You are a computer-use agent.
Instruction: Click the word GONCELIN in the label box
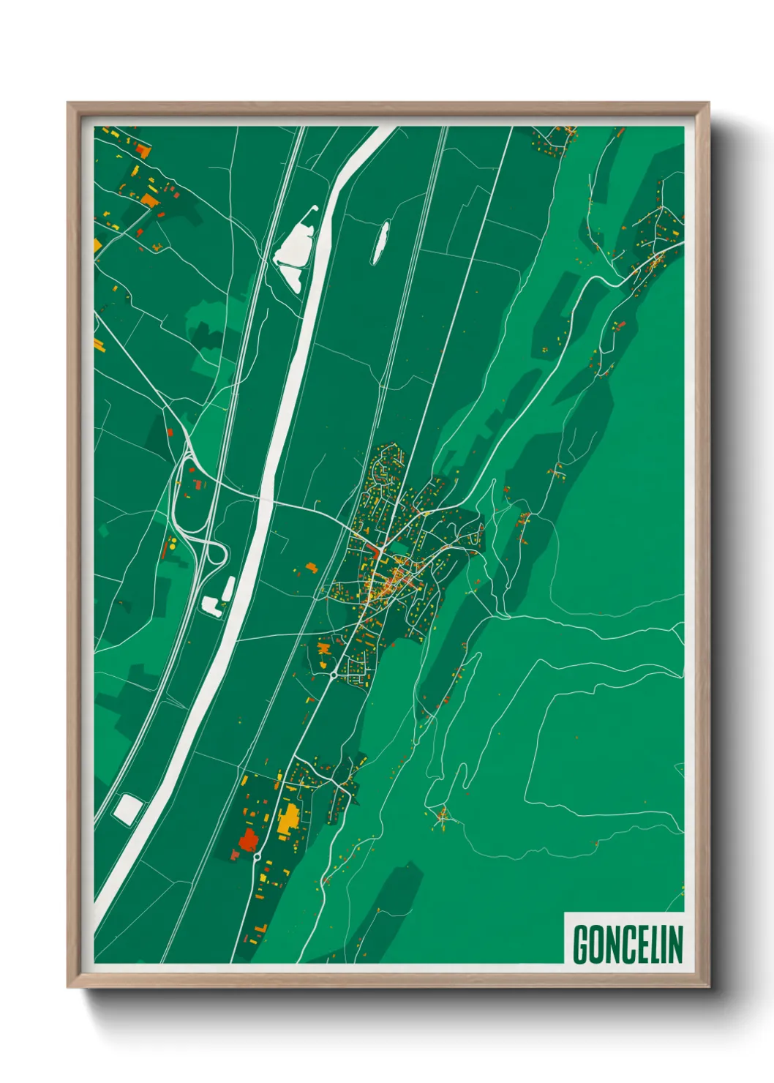point(628,944)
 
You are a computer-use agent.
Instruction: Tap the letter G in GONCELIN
point(581,944)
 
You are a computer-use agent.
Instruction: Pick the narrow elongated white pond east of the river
point(380,242)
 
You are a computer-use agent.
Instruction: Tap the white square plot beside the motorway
point(128,809)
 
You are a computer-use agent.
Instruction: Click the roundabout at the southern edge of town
point(334,675)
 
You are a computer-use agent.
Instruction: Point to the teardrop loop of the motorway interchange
point(215,552)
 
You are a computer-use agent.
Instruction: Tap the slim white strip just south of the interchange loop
point(228,586)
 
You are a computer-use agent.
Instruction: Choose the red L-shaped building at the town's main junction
point(377,550)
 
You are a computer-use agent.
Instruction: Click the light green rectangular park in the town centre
point(398,546)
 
